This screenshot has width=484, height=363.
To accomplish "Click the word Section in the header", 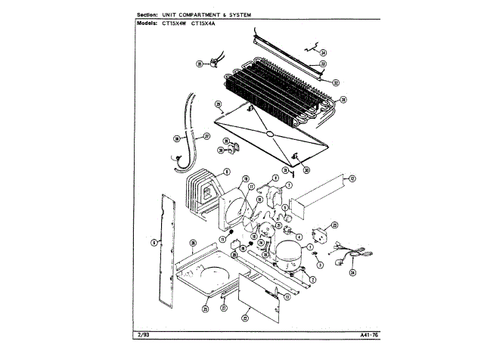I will pyautogui.click(x=150, y=15).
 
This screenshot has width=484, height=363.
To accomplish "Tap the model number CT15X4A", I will pyautogui.click(x=203, y=23).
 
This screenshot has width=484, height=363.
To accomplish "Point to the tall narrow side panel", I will pyautogui.click(x=165, y=250).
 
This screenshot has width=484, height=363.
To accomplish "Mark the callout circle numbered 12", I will pyautogui.click(x=350, y=178).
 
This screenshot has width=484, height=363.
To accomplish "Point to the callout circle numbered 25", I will pyautogui.click(x=204, y=308).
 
